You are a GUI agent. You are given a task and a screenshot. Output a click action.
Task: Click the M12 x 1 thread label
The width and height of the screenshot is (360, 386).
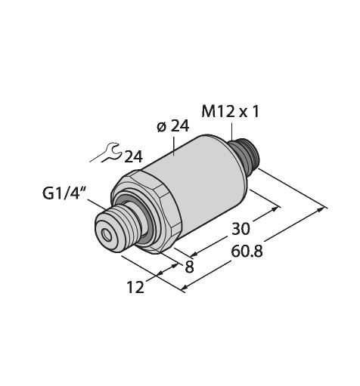click(230, 112)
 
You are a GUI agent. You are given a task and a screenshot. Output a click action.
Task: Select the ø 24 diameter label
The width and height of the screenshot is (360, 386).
click(172, 127)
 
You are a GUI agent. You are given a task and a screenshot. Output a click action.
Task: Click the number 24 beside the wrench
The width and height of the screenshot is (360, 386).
click(134, 157)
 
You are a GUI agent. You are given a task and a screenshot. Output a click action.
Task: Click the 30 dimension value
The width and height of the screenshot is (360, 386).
click(241, 229)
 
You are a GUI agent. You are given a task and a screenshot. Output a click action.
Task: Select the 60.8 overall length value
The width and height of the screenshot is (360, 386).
click(247, 252)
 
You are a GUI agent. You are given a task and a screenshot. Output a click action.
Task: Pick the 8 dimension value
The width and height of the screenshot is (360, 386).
click(190, 267)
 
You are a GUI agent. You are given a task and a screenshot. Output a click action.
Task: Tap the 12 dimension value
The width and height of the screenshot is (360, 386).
click(135, 287)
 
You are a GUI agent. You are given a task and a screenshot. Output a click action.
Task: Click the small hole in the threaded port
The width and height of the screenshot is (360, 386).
click(107, 235)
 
